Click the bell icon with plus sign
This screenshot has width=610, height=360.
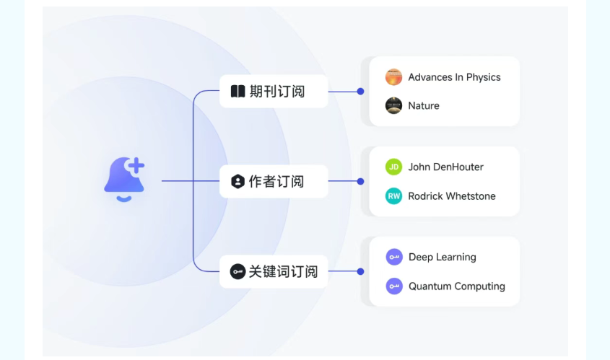click(x=124, y=180)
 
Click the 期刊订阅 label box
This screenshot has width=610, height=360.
click(x=274, y=92)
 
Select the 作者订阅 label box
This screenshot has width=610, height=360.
click(x=274, y=182)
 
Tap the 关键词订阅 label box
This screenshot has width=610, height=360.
click(x=274, y=272)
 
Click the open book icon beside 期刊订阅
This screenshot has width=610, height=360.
click(x=238, y=92)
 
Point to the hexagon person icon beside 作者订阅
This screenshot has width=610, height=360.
click(x=238, y=182)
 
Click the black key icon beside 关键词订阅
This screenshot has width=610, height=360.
click(x=238, y=272)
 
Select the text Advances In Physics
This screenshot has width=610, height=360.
click(x=454, y=77)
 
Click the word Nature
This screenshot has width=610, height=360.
click(x=424, y=106)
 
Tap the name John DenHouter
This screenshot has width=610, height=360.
click(x=445, y=167)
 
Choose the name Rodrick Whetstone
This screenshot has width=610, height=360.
click(x=452, y=196)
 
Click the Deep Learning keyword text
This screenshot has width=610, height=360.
click(x=442, y=257)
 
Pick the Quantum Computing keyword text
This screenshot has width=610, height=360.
click(x=456, y=286)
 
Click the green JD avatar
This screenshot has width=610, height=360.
click(x=393, y=167)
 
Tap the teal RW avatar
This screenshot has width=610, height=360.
click(x=393, y=196)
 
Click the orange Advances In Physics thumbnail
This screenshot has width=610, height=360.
click(x=393, y=77)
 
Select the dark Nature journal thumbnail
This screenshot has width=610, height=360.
click(x=393, y=106)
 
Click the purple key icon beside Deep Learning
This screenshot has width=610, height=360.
click(x=393, y=257)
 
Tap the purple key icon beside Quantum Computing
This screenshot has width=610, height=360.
click(x=393, y=286)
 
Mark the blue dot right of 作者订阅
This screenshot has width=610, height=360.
click(x=360, y=182)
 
